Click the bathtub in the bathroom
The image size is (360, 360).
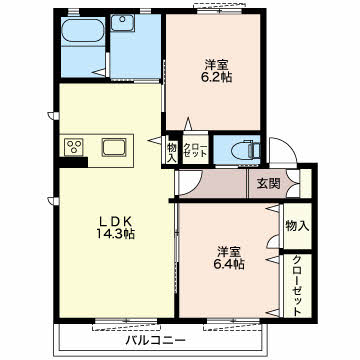[x=83, y=30]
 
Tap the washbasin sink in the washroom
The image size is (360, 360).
[x=123, y=23]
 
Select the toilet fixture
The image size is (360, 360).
[x=247, y=150]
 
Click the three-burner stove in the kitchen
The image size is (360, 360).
[x=74, y=147]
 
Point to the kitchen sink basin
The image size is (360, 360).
[x=114, y=147]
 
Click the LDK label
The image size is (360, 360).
[x=115, y=221]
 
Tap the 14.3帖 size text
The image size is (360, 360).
[x=116, y=234]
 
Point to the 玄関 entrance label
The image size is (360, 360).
[x=268, y=184]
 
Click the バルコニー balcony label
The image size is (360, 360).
[x=155, y=341]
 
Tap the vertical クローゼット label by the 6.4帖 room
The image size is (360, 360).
[x=297, y=286]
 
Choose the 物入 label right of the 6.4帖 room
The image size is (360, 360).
[x=297, y=226]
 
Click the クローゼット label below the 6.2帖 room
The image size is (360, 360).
[x=195, y=151]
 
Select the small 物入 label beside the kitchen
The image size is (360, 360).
[x=172, y=152]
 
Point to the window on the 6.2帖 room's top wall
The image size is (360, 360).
[x=219, y=11]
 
